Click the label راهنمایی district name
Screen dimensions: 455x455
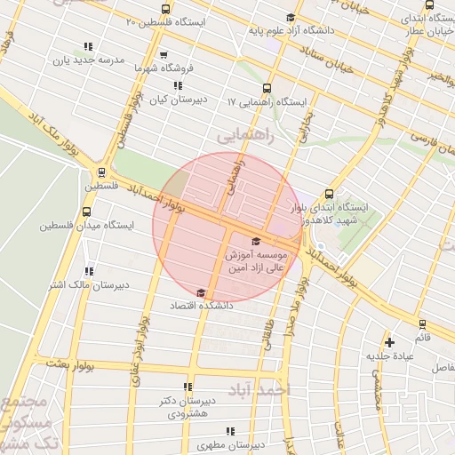pos(246,135)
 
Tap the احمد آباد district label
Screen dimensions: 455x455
pos(259,390)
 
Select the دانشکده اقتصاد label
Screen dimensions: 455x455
pos(204,305)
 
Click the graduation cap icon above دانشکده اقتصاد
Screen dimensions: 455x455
pos(201,292)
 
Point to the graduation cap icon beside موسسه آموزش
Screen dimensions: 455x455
pos(257,241)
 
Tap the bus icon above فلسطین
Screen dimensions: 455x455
pos(102,172)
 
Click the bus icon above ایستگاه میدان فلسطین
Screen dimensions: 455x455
pos(86,212)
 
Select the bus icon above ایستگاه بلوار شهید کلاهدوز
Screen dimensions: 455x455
pos(329,194)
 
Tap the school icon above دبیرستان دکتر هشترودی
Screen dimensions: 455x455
pos(188,387)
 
